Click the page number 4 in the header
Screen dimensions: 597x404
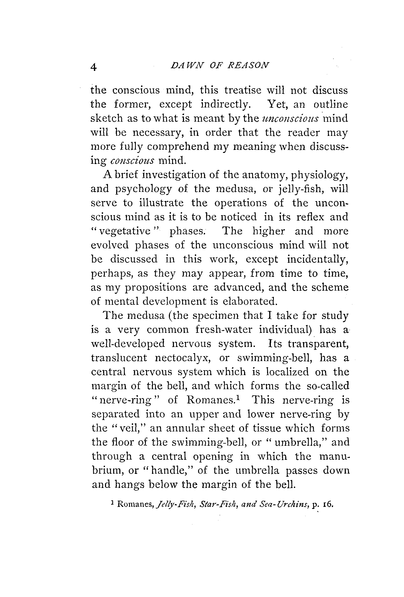click(94, 67)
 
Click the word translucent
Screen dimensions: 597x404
click(119, 358)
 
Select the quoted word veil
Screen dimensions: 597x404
click(129, 428)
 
